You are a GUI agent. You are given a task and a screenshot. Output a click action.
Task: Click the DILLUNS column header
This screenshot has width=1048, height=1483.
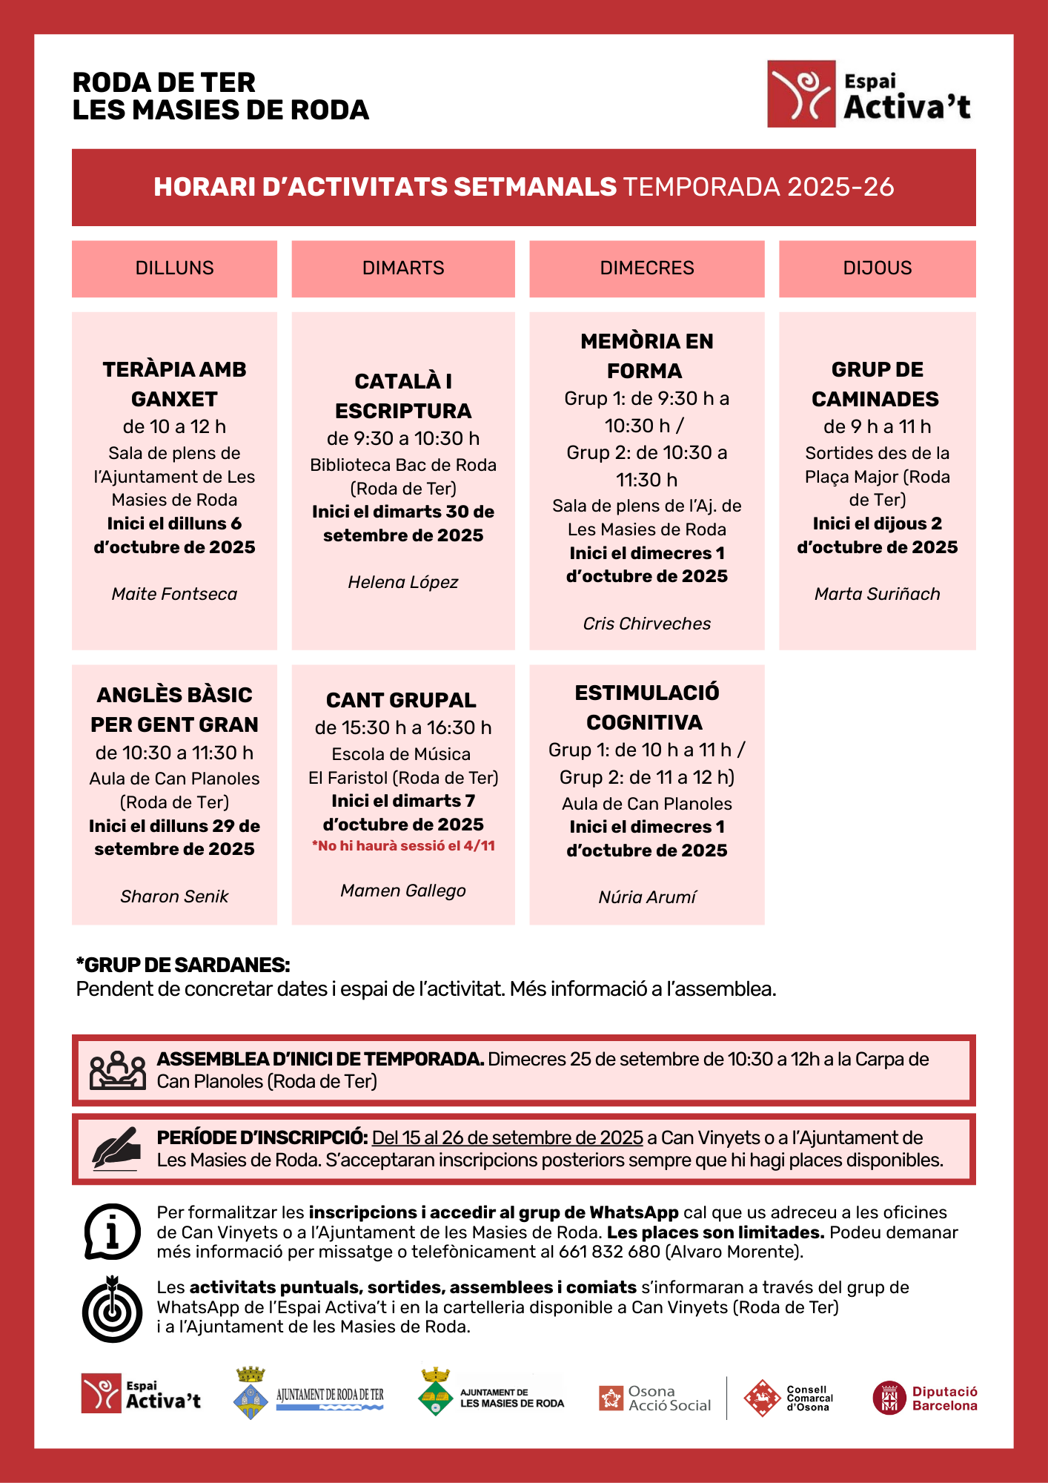pos(174,268)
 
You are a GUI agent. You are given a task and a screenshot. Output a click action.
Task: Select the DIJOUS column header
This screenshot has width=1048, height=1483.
pos(877,268)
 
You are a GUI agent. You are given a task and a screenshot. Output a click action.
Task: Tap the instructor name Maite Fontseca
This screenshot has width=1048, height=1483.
pos(174,594)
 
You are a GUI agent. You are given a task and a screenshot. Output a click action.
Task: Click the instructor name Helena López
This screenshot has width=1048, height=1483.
pos(402,582)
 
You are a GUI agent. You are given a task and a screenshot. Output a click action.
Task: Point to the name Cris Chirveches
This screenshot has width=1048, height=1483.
pos(646,624)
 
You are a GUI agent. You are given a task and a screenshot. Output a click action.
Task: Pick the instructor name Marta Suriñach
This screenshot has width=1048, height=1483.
pos(877,594)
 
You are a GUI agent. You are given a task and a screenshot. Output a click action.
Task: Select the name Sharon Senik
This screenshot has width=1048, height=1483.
pos(174,896)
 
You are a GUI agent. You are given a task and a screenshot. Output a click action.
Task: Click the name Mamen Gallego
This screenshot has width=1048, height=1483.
pos(402,891)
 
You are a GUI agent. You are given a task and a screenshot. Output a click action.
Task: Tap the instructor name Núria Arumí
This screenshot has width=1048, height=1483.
pos(646,897)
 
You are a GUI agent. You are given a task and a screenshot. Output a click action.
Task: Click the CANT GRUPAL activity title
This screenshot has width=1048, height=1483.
pos(401,700)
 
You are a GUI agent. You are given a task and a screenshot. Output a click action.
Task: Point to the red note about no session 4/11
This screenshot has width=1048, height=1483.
pos(403,846)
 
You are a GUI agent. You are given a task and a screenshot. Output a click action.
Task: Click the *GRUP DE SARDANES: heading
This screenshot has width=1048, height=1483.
pos(183,965)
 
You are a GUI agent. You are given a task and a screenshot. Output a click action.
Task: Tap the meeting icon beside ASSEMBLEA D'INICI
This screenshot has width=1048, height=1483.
pos(117,1070)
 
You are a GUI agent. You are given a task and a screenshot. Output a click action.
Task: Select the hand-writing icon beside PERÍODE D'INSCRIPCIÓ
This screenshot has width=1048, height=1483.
pos(116,1149)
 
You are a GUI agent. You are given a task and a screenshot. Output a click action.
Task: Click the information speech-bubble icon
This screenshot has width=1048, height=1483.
pos(112,1232)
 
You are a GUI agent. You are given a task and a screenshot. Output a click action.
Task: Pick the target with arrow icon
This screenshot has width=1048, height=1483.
pos(112,1309)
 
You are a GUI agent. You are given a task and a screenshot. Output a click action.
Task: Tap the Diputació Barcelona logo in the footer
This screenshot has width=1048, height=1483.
pos(924,1398)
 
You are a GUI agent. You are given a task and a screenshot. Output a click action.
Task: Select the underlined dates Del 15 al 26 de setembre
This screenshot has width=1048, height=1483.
pos(507,1137)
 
